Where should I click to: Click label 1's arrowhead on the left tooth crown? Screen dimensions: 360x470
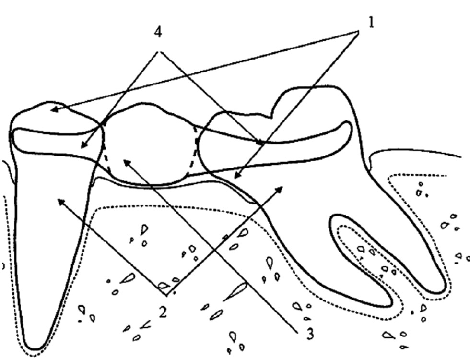coord(52,110)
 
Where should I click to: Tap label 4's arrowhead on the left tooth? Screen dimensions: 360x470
coord(82,147)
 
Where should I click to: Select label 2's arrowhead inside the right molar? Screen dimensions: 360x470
coord(282,187)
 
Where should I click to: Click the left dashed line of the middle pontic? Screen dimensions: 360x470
coord(107,158)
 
